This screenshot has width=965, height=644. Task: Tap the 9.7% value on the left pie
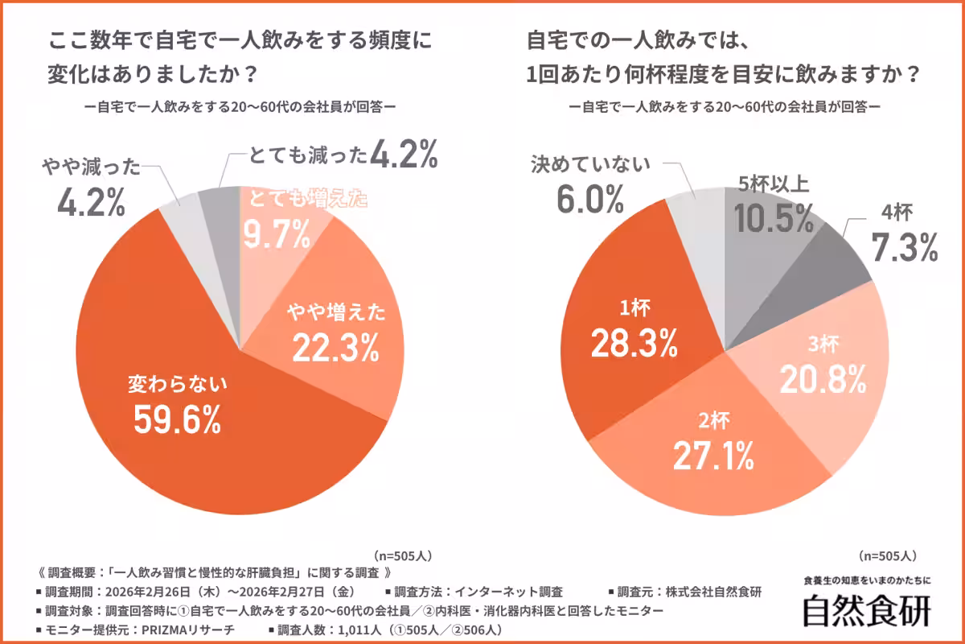coord(277,236)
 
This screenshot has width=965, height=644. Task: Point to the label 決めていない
coord(589,165)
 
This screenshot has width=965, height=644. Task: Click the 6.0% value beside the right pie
coord(589,200)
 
